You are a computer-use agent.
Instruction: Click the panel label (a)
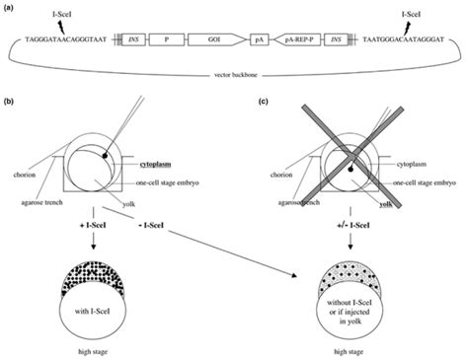tap(12, 9)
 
